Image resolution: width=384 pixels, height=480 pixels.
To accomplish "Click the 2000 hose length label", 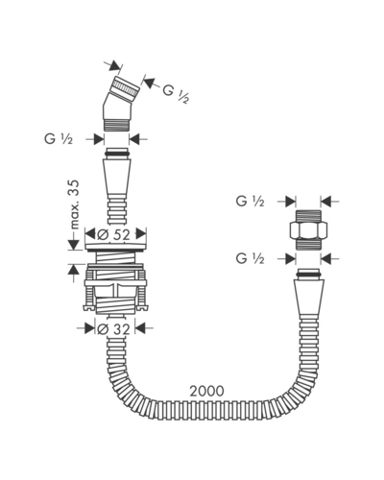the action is coord(207,391).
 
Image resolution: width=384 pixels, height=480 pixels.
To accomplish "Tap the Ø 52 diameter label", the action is coord(113,235).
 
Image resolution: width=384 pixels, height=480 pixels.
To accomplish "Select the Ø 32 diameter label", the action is coord(113,328).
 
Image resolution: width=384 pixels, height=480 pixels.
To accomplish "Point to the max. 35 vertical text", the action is coord(74,204).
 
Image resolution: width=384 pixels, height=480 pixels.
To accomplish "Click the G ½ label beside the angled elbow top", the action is coord(176,93).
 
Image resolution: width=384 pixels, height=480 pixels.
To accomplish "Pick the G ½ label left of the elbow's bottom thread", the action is coord(59,139).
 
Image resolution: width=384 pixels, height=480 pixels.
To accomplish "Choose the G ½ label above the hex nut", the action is coord(251,202).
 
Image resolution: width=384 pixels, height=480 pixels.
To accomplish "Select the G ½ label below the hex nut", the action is coord(251,258).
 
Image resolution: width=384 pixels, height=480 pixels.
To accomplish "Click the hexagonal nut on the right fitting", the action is coord(308,230).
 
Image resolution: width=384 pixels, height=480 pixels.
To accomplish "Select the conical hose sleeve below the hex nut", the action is coord(308,296).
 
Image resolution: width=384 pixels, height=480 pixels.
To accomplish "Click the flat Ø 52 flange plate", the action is coord(116,246).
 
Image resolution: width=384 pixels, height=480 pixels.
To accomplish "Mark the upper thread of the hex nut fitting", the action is coord(308,216).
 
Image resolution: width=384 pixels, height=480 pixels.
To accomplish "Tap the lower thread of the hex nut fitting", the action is coord(308,245).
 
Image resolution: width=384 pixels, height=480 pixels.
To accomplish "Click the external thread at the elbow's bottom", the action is coord(117,125).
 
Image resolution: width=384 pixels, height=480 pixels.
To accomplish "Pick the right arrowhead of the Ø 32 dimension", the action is coord(141,328).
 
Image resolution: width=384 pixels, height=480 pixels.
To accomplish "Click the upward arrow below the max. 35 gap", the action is coord(74,271).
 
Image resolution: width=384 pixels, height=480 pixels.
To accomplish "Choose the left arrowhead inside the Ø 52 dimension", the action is coord(91,233).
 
